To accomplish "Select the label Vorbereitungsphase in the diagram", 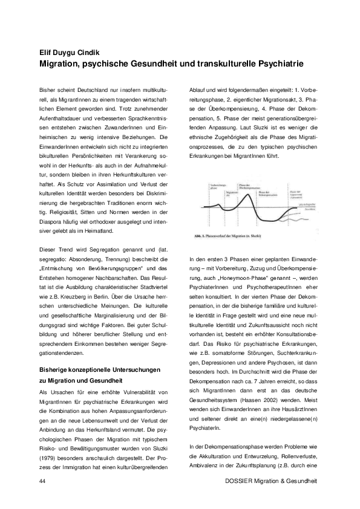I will coord(217,187).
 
